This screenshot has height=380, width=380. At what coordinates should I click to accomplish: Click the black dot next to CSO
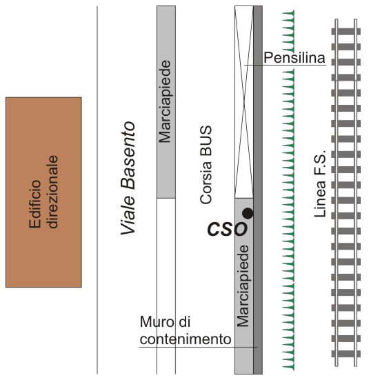coord(248,214)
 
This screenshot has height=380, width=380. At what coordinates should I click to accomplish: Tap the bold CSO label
coord(228,228)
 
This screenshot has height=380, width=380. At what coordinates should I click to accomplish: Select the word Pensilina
coord(294,58)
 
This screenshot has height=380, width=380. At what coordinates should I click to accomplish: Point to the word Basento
coord(128,155)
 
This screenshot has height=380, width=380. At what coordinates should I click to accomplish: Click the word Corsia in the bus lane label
coord(206,182)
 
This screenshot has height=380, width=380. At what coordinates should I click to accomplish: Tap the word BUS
coord(206,141)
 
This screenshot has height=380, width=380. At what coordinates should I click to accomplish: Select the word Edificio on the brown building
coord(34,204)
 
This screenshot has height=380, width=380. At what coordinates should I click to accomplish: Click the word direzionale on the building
coord(52,192)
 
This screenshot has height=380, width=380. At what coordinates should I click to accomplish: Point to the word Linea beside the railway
coord(320,199)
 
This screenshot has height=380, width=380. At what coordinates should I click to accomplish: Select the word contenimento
coord(186,339)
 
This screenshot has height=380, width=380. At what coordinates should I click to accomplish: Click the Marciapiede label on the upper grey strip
coord(166,101)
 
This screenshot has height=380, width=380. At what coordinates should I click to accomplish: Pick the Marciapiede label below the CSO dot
coord(243,286)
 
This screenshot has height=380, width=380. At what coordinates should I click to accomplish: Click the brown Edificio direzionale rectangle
coord(43,192)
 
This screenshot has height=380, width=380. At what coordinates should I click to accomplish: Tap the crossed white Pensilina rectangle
coord(244,102)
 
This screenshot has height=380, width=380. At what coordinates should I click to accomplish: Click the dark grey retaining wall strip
coord(258,190)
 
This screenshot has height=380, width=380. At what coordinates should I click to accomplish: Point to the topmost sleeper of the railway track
coord(346,31)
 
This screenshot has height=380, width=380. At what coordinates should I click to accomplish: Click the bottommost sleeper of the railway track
coord(346,354)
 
